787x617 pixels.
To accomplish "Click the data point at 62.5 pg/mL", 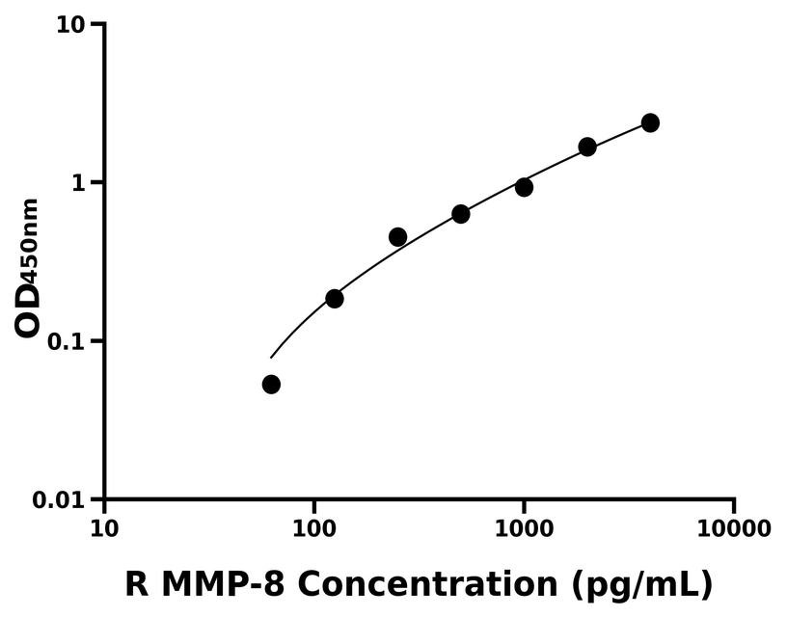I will pos(271,385).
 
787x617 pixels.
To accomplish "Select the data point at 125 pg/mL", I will pos(335,299).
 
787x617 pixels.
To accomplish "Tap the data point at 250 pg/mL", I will pos(397,237).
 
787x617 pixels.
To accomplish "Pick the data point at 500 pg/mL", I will pos(461,214).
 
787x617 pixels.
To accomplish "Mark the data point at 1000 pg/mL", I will pos(524,187).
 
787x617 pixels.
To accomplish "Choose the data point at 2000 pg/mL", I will pos(587,147).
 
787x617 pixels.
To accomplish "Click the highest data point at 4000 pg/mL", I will pos(650,122).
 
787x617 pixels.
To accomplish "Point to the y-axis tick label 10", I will pos(69,24).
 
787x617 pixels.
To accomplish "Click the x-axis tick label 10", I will pos(104,529).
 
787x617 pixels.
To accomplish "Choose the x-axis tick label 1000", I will pos(524,529).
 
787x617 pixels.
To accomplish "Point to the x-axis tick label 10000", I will pos(734,529).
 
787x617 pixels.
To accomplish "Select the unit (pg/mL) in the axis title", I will pos(640,584).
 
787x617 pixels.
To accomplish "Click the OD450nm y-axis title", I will pos(28,267).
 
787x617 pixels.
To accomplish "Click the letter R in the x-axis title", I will pos(137,584).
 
